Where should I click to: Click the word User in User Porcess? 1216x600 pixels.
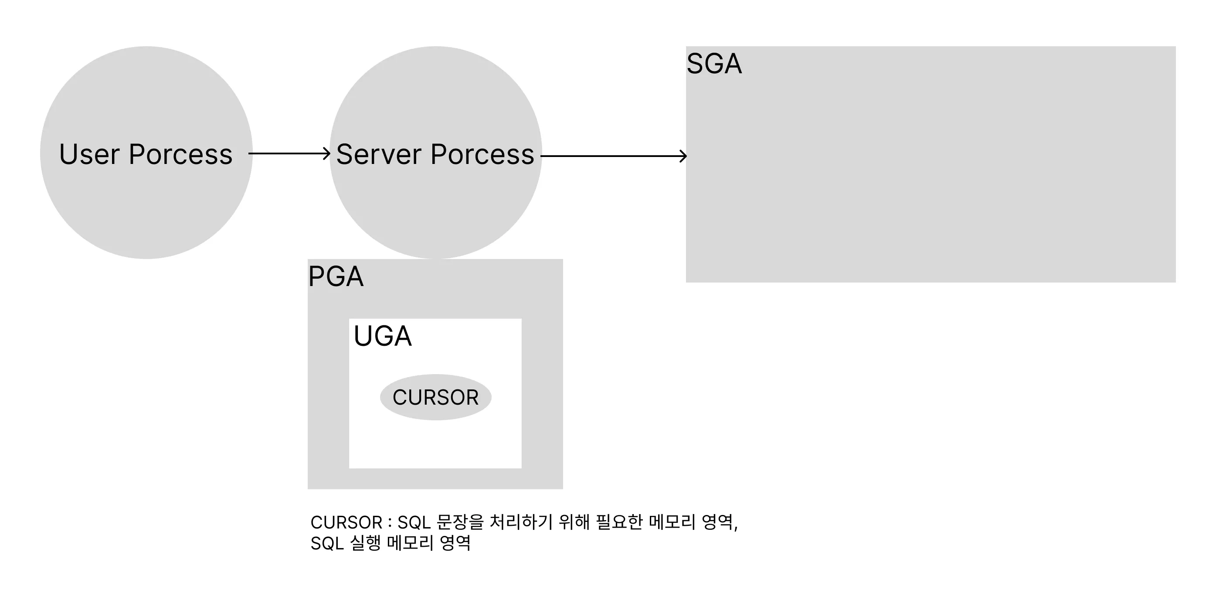89,154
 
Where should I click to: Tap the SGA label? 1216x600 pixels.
714,64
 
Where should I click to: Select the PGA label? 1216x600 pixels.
336,276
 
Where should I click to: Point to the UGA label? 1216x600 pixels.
382,336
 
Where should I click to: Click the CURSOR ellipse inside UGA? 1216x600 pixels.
435,397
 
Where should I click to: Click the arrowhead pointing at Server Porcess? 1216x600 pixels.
326,153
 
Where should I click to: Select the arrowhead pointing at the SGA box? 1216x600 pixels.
683,156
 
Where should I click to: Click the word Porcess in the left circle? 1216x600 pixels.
180,154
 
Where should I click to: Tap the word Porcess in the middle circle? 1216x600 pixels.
482,154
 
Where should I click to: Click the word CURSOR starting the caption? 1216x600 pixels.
346,522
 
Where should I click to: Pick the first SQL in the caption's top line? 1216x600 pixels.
414,522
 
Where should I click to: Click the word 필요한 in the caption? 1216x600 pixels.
619,522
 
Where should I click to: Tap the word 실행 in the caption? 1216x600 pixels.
365,543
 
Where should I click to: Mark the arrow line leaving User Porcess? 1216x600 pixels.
288,153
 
